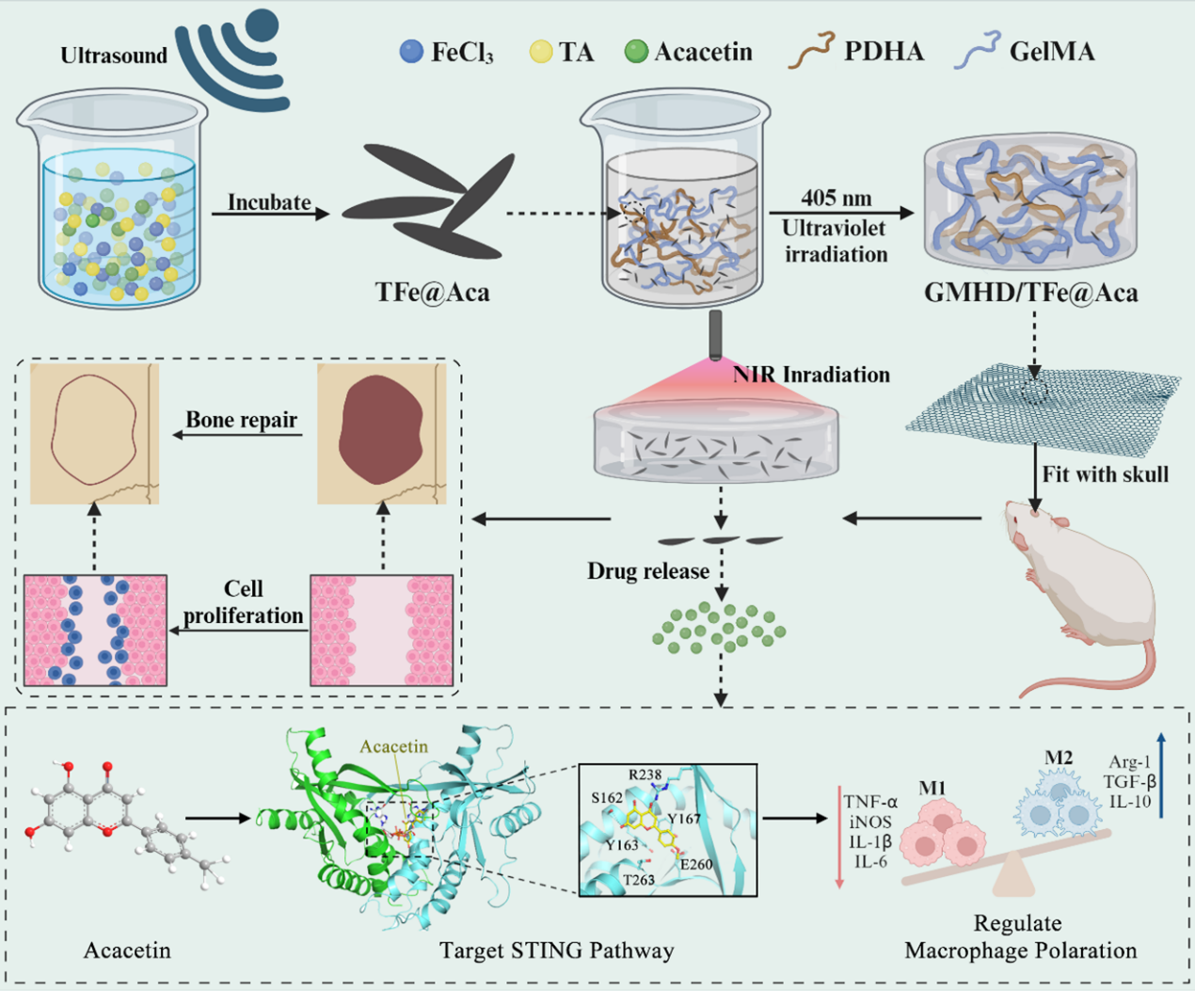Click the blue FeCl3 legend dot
point(411,51)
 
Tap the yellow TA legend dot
point(540,51)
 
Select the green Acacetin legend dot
point(636,51)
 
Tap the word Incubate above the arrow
point(269,202)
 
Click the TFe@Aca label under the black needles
point(433,292)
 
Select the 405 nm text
point(836,199)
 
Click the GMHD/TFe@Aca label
point(1030,293)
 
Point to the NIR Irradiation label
point(811,375)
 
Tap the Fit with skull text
point(1105,474)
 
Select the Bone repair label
point(241,420)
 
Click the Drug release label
point(648,571)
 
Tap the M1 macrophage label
point(932,788)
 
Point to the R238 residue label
point(645,775)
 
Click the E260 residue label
point(695,864)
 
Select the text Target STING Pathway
point(556,951)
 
